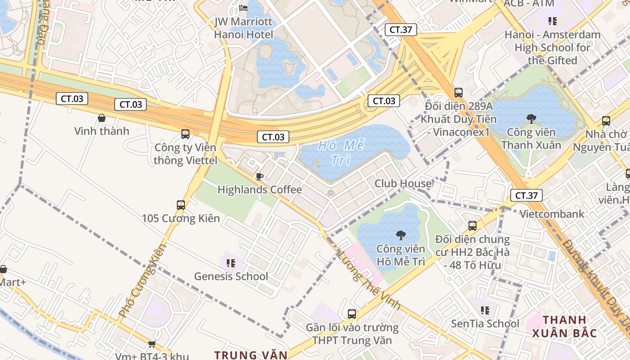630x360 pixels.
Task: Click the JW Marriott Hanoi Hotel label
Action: point(243,28)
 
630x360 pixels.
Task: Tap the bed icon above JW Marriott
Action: point(243,8)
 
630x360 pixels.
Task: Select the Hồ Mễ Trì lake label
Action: point(341,153)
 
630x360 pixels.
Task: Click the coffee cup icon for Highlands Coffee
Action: point(259,176)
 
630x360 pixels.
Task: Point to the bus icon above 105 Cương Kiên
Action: point(181,205)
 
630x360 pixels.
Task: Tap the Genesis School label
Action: point(231,276)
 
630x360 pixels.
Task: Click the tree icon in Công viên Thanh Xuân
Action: point(531,119)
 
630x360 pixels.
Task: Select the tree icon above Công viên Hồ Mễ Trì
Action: point(400,235)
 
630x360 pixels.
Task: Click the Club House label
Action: point(403,184)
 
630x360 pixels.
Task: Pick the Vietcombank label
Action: point(552,214)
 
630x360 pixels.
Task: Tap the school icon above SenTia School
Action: point(485,310)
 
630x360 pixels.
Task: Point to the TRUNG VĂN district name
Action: point(251,355)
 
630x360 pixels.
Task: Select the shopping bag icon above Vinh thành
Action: point(102,118)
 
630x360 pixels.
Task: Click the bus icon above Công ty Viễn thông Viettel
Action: point(185,134)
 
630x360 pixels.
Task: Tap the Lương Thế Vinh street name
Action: point(369,281)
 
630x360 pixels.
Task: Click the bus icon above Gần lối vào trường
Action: point(352,314)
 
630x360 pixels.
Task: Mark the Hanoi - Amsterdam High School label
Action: point(552,47)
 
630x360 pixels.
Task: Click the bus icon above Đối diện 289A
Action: point(459,93)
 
